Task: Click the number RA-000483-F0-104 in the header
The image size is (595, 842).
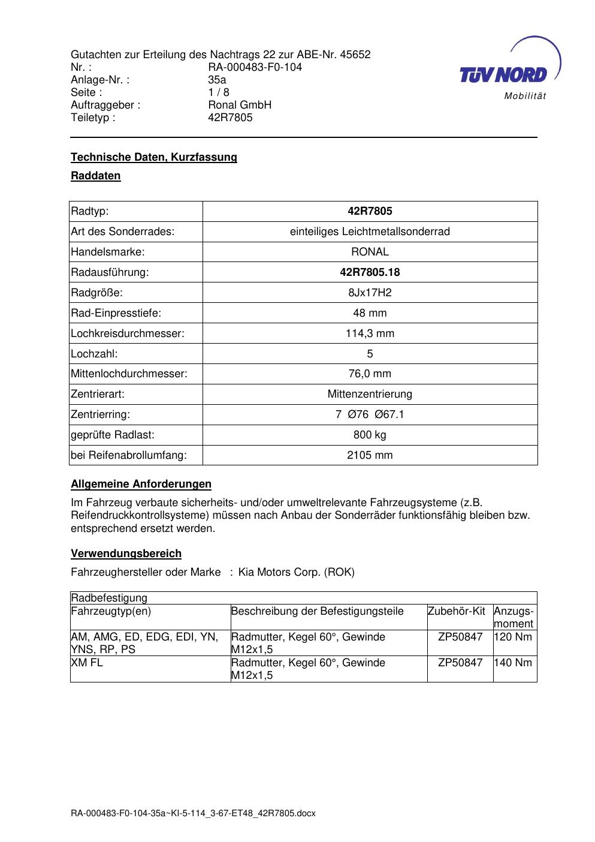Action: click(255, 67)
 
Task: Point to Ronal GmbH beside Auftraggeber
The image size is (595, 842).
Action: click(240, 105)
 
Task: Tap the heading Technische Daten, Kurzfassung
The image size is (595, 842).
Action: click(154, 157)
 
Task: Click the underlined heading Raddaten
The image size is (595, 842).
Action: click(96, 176)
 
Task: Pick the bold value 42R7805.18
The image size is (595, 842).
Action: click(370, 272)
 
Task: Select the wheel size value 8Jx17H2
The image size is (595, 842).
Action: click(370, 293)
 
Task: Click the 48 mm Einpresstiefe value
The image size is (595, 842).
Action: click(370, 313)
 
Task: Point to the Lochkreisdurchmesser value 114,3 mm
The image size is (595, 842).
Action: click(370, 333)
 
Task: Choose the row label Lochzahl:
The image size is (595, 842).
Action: click(94, 354)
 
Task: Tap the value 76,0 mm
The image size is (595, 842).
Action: click(370, 374)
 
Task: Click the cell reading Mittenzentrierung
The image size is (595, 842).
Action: click(370, 395)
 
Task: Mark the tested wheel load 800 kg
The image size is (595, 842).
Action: click(370, 435)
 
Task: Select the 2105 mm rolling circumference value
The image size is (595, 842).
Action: click(370, 455)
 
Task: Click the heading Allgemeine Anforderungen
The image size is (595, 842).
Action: click(141, 484)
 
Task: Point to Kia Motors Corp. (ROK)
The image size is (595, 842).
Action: click(296, 572)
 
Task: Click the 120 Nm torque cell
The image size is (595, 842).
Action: click(514, 637)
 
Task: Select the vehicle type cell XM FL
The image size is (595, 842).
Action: click(87, 663)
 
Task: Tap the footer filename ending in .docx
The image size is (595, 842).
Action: click(193, 814)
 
